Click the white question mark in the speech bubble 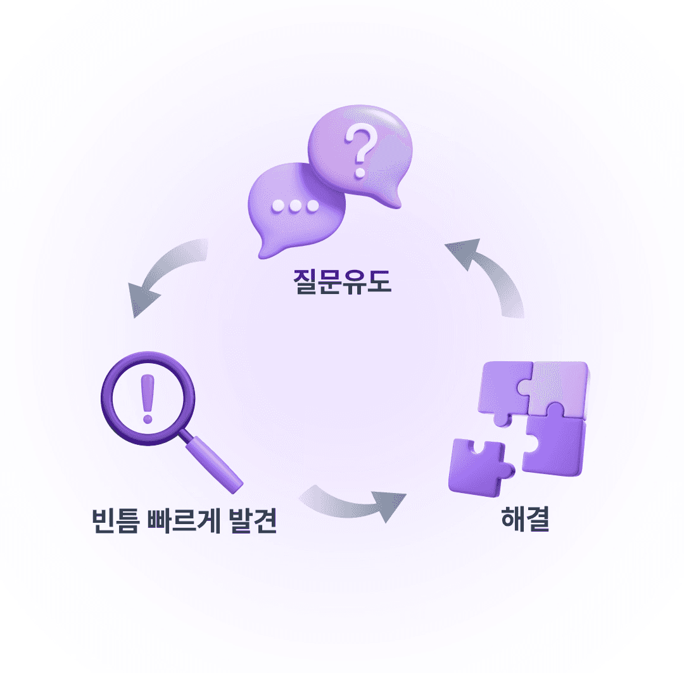pyautogui.click(x=360, y=153)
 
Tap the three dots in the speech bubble pyautogui.click(x=294, y=206)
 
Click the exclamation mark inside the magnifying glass pyautogui.click(x=148, y=398)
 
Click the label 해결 pyautogui.click(x=524, y=521)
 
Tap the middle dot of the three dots pyautogui.click(x=294, y=206)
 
